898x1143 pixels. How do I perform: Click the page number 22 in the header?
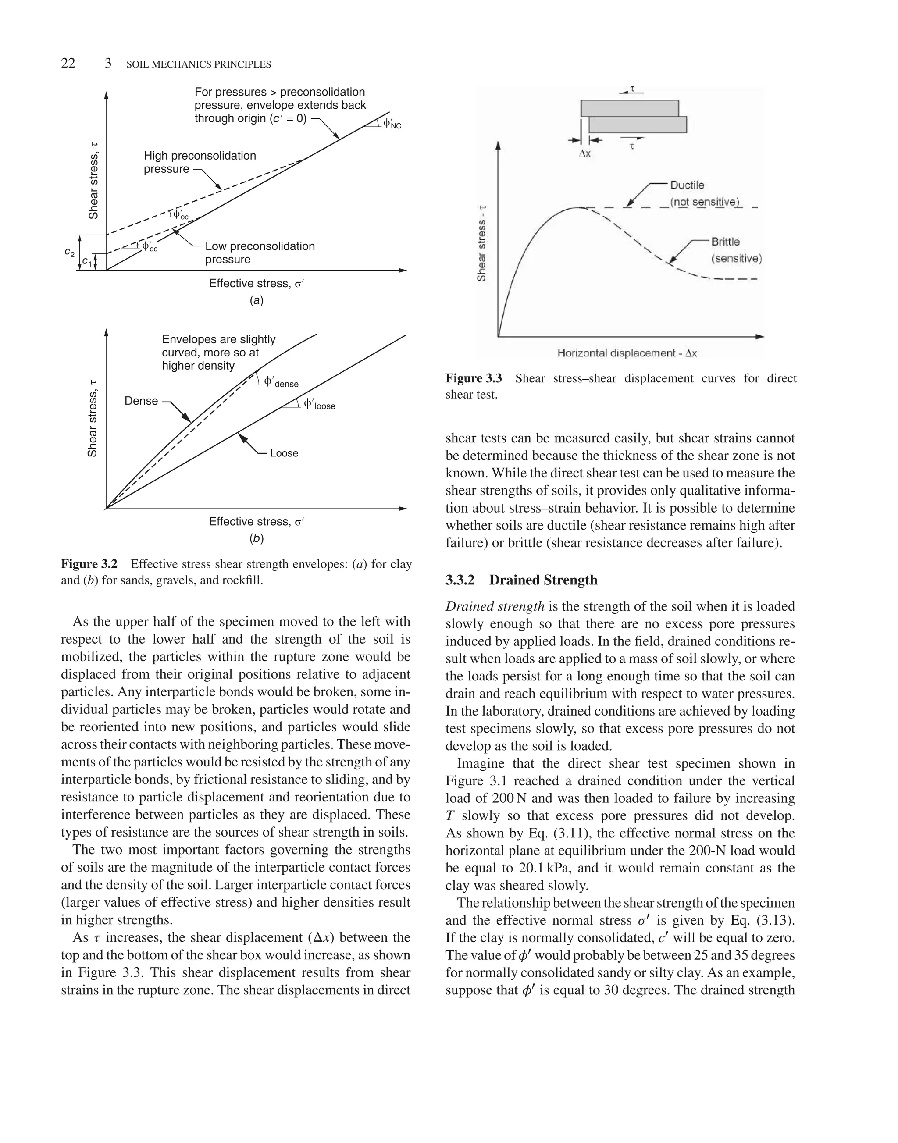(68, 64)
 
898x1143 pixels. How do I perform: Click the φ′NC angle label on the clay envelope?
(392, 124)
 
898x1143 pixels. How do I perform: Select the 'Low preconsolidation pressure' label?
(259, 253)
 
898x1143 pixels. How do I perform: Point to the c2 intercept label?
(69, 253)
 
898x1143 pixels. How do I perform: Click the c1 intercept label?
(87, 262)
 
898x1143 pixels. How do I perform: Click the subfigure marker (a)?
(257, 301)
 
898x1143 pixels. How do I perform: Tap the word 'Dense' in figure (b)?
(141, 401)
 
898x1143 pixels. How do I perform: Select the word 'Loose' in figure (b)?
(284, 453)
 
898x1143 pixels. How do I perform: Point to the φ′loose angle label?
(319, 405)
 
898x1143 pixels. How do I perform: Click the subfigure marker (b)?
(257, 538)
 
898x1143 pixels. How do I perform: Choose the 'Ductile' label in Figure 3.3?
(687, 185)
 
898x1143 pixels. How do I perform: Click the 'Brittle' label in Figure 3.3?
(725, 242)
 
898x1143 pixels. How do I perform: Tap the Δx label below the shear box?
(584, 154)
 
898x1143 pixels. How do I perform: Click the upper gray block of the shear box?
(629, 108)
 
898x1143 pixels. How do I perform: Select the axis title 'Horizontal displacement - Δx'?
(627, 353)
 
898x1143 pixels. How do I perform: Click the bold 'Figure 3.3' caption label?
(473, 378)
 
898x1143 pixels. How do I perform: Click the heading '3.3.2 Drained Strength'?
(521, 580)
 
